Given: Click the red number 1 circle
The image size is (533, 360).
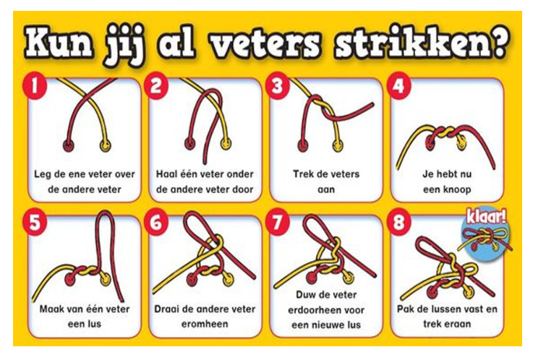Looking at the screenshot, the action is click(x=34, y=86).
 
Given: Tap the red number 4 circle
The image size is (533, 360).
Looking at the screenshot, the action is click(x=398, y=86).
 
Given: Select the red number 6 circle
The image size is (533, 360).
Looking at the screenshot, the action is click(x=156, y=223).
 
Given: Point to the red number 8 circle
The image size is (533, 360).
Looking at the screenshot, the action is click(x=398, y=223).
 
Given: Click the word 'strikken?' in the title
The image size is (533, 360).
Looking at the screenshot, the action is click(x=422, y=44).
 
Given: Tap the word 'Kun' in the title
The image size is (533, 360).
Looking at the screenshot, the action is click(x=59, y=43).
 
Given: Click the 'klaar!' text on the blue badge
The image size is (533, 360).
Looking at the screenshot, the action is click(x=486, y=216).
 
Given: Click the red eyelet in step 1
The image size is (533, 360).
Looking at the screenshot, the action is click(x=69, y=145).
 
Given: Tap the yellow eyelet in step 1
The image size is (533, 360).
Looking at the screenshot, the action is click(x=106, y=145).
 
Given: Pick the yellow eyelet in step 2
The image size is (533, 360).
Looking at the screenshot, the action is click(x=226, y=144).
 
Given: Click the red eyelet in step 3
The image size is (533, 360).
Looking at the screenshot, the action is click(x=302, y=145).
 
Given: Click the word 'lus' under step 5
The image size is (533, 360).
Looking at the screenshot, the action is click(x=94, y=324).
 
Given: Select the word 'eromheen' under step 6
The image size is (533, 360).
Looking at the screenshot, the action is click(x=205, y=324).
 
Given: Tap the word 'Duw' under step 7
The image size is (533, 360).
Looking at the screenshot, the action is click(x=307, y=295).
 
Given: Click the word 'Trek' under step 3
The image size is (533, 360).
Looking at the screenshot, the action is click(x=304, y=174).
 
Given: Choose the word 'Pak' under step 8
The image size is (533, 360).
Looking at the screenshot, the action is click(x=406, y=309).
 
